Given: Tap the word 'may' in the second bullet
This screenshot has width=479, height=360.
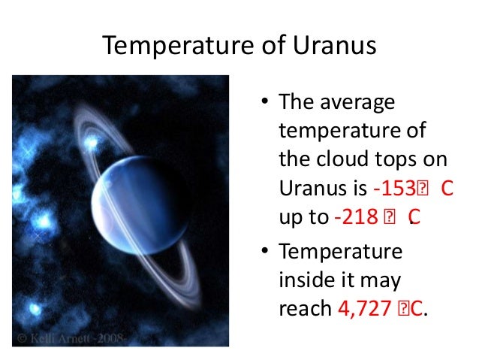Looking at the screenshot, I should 383,280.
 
